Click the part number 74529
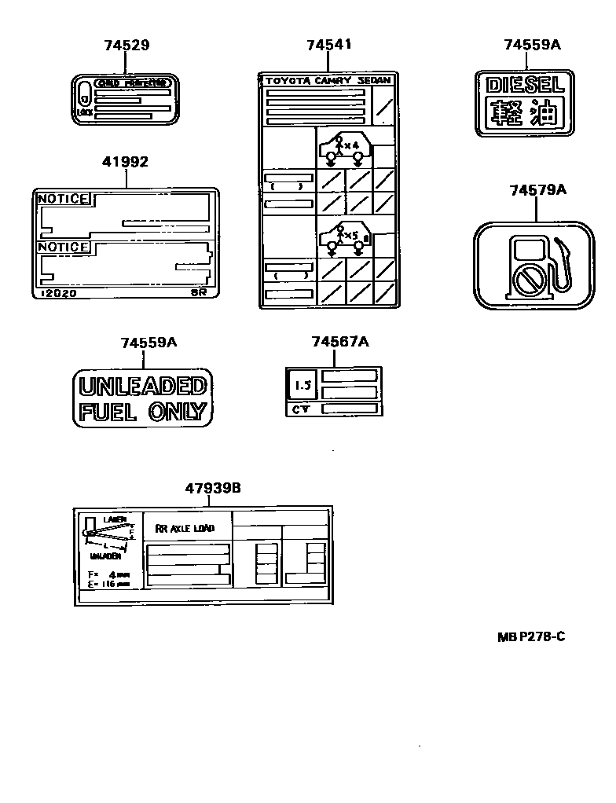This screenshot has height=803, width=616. click(126, 46)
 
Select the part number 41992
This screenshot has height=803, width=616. click(125, 162)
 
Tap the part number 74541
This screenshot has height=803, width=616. click(328, 45)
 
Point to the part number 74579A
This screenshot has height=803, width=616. click(537, 190)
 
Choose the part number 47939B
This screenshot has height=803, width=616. click(213, 488)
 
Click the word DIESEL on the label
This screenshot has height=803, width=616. click(524, 86)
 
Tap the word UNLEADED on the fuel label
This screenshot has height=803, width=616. click(143, 386)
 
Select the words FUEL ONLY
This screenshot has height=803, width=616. click(143, 411)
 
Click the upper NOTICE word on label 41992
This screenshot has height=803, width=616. click(64, 200)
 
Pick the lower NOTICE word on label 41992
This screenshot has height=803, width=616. click(64, 247)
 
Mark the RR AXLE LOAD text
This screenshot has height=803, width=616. click(185, 529)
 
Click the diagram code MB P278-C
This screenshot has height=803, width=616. click(530, 636)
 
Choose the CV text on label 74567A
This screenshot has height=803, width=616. click(300, 409)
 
